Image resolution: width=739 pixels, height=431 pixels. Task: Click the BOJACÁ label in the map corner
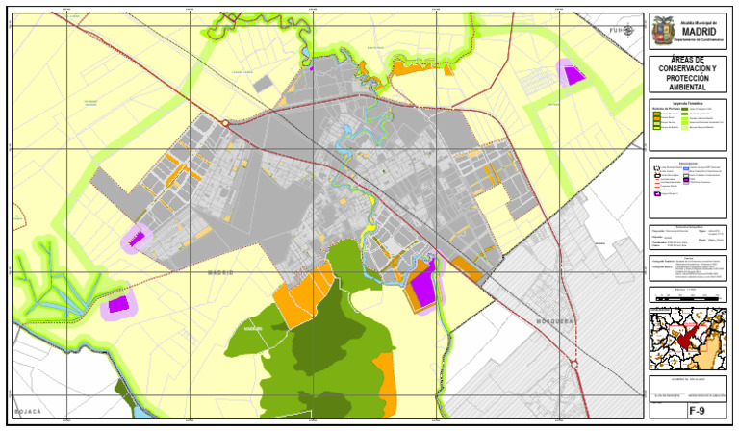pyautogui.click(x=29, y=411)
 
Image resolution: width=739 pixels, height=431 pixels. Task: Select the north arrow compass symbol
pyautogui.click(x=628, y=29)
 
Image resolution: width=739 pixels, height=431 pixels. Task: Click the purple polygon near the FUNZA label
pyautogui.click(x=574, y=74)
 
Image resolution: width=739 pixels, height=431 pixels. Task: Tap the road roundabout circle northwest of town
pyautogui.click(x=226, y=123)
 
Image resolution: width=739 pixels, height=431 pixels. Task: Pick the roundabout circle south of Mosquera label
pyautogui.click(x=575, y=364)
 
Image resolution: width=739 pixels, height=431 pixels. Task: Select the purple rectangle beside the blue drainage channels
pyautogui.click(x=119, y=305)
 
